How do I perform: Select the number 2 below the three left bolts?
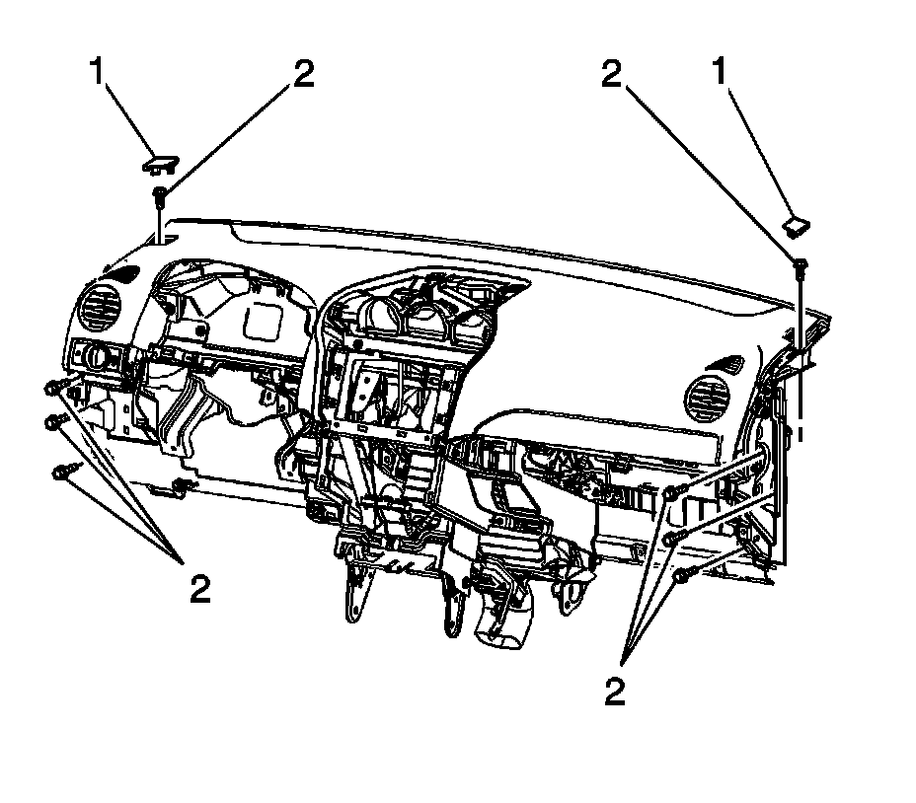click(x=200, y=589)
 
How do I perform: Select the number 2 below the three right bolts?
click(x=615, y=692)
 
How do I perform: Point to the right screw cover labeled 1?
click(x=795, y=226)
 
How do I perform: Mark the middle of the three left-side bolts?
click(x=56, y=422)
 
